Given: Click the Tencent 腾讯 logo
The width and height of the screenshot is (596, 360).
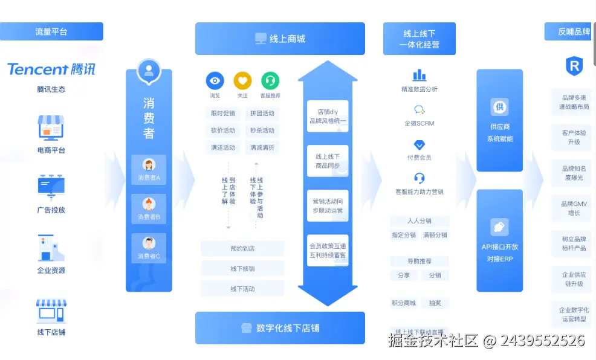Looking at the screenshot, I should point(51,69).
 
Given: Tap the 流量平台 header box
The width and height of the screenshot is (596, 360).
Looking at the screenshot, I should point(51,31).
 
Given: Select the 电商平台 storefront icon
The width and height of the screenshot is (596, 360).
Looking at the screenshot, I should point(51,127).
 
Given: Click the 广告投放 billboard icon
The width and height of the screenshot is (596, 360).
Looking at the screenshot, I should point(51,187).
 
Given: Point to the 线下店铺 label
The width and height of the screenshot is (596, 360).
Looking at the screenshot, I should point(51,332).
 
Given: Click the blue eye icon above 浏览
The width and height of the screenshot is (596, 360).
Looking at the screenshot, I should point(215,80).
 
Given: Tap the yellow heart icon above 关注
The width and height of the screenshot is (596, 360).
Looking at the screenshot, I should point(242,80).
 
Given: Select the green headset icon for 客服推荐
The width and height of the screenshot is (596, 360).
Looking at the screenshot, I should point(270,80).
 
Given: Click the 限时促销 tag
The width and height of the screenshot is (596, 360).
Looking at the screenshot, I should point(223,114).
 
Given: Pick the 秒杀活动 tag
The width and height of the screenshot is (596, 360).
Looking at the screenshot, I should point(262,130).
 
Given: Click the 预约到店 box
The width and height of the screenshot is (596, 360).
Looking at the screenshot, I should point(242,248).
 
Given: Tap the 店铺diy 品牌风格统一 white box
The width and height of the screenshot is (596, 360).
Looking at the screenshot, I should point(328,116).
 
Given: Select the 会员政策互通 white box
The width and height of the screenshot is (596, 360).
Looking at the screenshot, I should point(328,251).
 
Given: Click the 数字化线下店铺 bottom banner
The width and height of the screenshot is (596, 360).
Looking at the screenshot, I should point(280,328).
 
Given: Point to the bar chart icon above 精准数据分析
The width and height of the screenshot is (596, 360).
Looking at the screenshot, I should point(419,75).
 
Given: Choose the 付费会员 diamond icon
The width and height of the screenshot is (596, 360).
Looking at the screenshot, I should point(419,145).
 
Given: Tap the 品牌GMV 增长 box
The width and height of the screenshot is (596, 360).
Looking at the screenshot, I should point(574,208).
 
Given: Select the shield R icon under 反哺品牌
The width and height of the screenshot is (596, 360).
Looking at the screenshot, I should point(574,66).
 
